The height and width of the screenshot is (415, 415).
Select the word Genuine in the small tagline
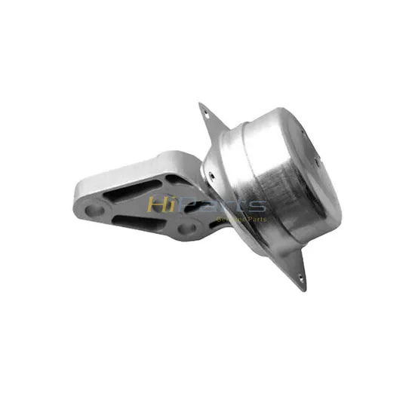[229, 219]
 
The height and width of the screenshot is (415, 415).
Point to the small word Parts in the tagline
[257, 219]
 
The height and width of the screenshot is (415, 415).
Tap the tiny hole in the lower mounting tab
[303, 278]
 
